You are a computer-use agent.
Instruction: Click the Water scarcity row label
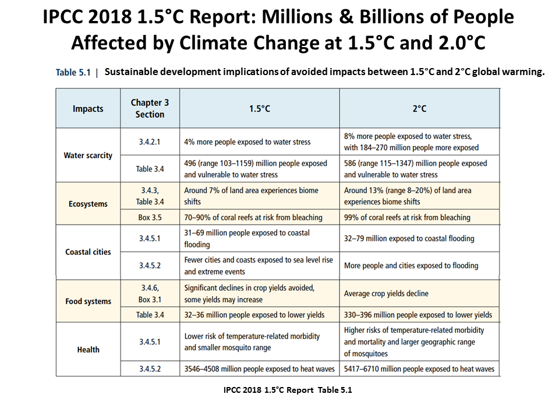[x=88, y=155]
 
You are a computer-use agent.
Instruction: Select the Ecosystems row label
[x=88, y=204]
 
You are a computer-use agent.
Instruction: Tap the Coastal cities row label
[x=88, y=252]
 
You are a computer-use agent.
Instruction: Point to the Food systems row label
[x=88, y=301]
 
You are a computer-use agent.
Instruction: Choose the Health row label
[x=88, y=350]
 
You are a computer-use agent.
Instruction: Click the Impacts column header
[x=88, y=109]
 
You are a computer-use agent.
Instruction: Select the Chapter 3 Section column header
[x=150, y=108]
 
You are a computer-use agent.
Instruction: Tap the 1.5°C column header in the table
[x=260, y=109]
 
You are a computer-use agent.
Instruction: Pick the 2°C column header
[x=419, y=109]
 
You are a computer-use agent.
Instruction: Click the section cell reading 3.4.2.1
[x=150, y=142]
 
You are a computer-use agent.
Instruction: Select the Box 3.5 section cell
[x=150, y=217]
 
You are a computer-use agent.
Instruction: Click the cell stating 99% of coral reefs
[x=407, y=217]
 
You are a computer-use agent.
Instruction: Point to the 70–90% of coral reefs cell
[x=253, y=217]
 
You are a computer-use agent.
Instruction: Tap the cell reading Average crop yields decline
[x=386, y=293]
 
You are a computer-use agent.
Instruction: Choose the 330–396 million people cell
[x=418, y=315]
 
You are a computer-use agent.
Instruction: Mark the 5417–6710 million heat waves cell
[x=419, y=369]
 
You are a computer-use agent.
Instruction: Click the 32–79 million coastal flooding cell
[x=409, y=239]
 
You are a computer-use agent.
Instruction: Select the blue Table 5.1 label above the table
[x=73, y=72]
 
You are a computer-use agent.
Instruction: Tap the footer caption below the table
[x=288, y=390]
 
